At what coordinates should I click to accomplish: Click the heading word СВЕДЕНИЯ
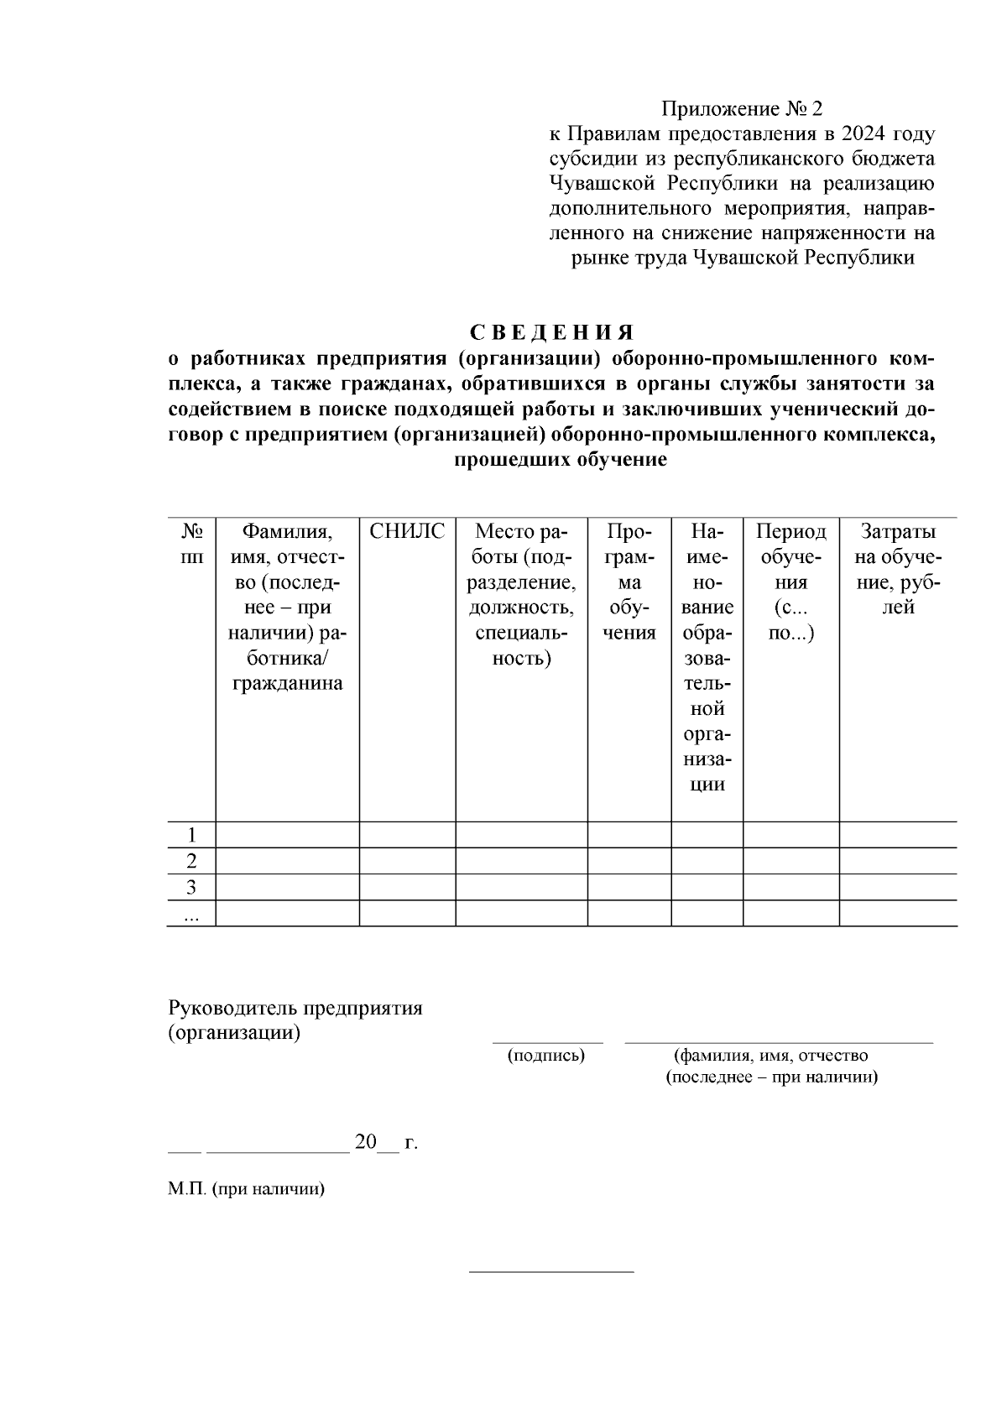point(551,332)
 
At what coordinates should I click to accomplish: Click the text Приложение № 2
point(742,109)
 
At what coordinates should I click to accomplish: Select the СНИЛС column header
point(407,532)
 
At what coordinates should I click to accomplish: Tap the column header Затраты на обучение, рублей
point(898,570)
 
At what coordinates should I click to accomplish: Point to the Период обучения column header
point(790,582)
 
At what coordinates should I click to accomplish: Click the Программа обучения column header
point(629,582)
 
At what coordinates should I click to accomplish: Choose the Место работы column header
point(521,595)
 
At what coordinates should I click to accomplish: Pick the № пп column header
point(192,545)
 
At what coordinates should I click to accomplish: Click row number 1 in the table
point(192,835)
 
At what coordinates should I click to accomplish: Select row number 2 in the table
point(192,861)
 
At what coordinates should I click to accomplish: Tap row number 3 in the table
point(192,887)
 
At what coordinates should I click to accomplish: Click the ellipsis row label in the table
point(192,916)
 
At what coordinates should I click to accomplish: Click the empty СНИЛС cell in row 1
point(407,835)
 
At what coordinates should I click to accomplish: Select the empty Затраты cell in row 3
point(898,887)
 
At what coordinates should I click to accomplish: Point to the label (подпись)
point(546,1056)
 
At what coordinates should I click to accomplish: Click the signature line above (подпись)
point(547,1042)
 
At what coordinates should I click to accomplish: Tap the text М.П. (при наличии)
point(246,1189)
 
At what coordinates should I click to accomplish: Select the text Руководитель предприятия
point(295,1008)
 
